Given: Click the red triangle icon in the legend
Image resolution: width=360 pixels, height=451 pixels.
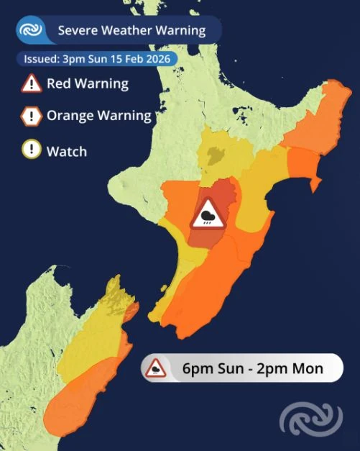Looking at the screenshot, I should coord(31,84).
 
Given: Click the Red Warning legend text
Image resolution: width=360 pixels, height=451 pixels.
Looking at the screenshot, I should coord(87,83).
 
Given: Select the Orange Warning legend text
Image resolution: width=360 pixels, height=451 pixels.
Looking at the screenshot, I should coord(98,116).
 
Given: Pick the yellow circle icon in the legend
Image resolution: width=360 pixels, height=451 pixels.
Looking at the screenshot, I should coord(31,151).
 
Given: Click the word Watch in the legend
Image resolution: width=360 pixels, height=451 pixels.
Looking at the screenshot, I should coord(66,151).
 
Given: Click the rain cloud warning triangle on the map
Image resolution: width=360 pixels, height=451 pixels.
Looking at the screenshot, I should coord(208,214).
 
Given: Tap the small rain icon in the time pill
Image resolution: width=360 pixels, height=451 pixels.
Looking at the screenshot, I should coord(156,370).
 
